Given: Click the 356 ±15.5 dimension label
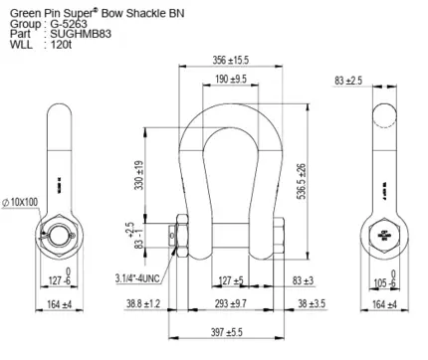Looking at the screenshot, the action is click(x=230, y=60).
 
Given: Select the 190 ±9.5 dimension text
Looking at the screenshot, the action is click(x=231, y=79).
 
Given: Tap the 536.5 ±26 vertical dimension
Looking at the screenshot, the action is click(x=302, y=181).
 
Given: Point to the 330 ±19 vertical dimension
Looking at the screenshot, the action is click(x=139, y=175).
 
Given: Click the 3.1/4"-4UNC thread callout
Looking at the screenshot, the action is click(x=137, y=278).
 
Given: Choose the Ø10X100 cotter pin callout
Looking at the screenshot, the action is click(x=20, y=202).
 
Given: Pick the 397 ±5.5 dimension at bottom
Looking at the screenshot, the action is click(x=227, y=332).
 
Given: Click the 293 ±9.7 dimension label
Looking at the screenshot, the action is click(x=231, y=303).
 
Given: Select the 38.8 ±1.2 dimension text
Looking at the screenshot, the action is click(x=143, y=303).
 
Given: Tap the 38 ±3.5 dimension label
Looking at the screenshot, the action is click(x=312, y=303).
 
